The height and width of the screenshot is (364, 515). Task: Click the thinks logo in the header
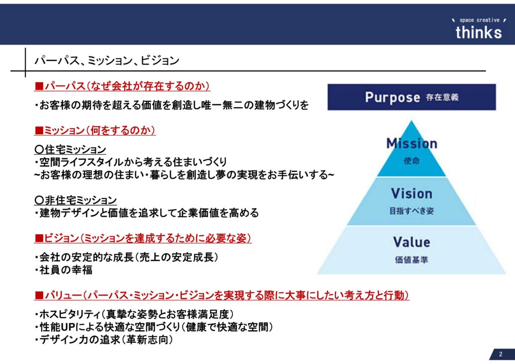[x=479, y=29]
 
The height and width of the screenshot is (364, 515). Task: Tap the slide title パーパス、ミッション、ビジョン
[x=107, y=60]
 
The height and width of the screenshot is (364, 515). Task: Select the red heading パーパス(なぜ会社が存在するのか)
[x=122, y=86]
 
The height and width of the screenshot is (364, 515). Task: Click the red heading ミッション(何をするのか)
[x=95, y=130]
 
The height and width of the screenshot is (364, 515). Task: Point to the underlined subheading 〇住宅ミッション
[x=70, y=149]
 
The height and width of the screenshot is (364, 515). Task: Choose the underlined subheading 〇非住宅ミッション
[x=75, y=200]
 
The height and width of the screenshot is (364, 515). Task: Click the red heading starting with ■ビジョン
[x=143, y=238]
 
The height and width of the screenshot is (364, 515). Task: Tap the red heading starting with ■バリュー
[x=222, y=295]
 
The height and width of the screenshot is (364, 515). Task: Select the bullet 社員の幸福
[x=63, y=270]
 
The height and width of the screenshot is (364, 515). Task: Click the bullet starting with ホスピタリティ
[x=134, y=314]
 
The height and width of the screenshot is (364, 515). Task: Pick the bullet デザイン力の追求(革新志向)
[x=104, y=339]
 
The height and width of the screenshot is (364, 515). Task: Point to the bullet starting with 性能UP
[x=154, y=327]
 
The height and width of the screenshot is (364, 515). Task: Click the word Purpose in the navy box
[x=392, y=98]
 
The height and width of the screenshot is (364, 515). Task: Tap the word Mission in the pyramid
[x=411, y=143]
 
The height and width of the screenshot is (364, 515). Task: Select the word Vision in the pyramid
[x=411, y=194]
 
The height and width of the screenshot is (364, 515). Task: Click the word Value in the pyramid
[x=411, y=242]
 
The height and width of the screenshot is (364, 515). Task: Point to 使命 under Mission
[x=411, y=161]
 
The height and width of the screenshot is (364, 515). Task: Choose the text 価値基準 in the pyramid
[x=411, y=260]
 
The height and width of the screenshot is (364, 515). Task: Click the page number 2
[x=500, y=354]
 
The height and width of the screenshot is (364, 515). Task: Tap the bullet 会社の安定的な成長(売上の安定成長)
[x=126, y=257]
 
